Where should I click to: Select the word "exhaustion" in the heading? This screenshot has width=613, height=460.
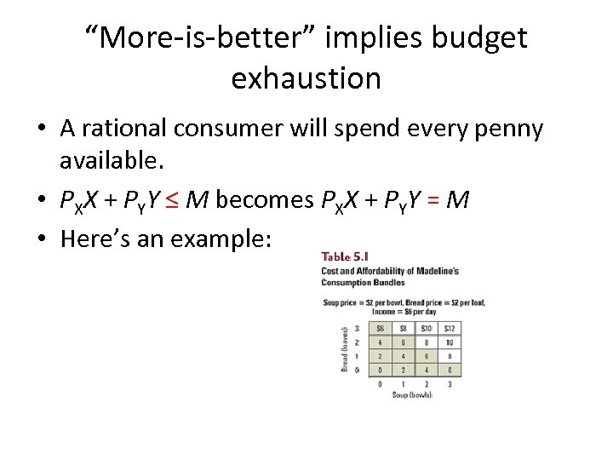point(306,78)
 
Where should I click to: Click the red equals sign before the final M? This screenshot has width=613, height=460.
point(433,199)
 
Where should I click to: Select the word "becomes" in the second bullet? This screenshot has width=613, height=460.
point(266,199)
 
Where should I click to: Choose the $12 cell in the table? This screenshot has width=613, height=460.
point(450,329)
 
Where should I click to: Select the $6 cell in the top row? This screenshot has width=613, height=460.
point(381,329)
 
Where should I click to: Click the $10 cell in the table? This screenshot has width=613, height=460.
point(427,329)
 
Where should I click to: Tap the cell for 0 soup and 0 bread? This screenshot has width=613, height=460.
point(381,370)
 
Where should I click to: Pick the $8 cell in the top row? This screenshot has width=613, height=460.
point(404,329)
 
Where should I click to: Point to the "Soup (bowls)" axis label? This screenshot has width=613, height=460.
point(410,394)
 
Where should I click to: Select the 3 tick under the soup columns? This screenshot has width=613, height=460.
point(450,384)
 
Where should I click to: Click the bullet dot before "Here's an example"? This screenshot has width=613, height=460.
point(41,239)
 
